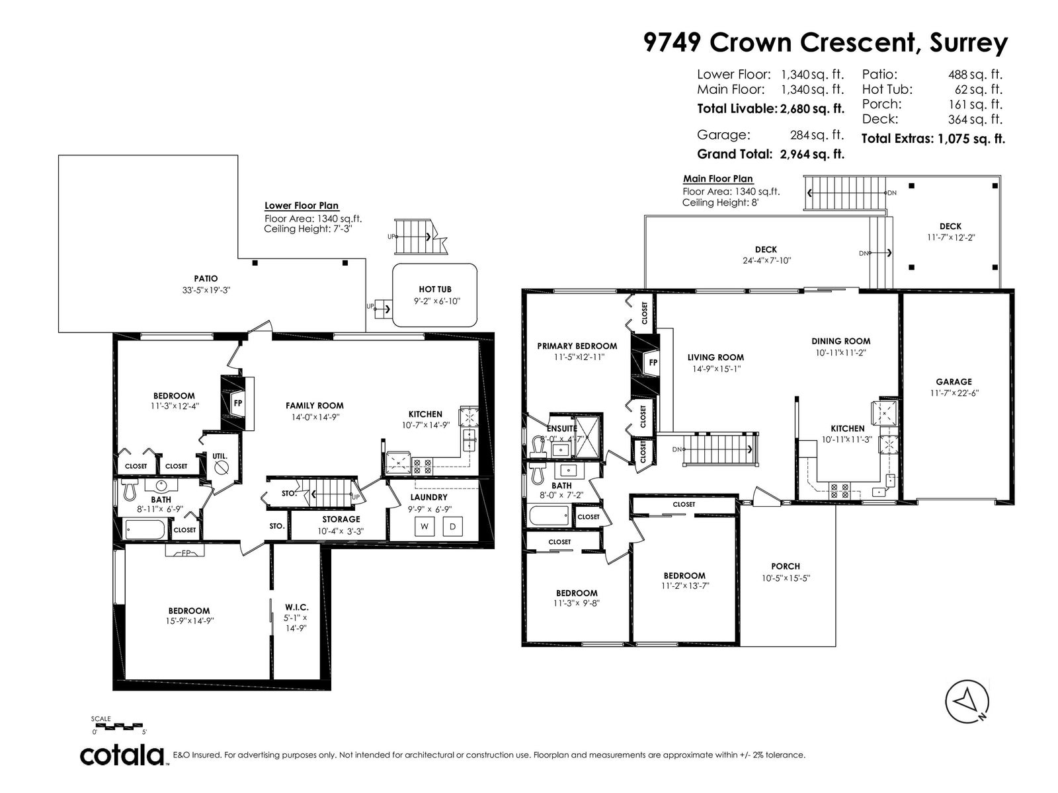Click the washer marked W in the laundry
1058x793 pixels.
tap(424, 527)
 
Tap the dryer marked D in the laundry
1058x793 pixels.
tap(452, 527)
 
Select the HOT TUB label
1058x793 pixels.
tap(434, 289)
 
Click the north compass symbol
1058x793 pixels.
tap(967, 702)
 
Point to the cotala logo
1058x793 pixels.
tap(122, 756)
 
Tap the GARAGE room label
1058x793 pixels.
tap(954, 382)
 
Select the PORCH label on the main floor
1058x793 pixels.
tap(785, 567)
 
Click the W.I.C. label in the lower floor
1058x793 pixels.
tap(296, 607)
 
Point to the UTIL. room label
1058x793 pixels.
tap(220, 456)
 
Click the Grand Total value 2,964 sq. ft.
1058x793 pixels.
tap(812, 154)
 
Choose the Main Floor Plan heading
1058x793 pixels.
tap(717, 178)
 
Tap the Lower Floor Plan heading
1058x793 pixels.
tap(302, 206)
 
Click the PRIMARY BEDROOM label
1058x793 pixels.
tap(577, 346)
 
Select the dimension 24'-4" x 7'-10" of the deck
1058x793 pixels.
tap(767, 260)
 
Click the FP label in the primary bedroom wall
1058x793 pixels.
tap(653, 363)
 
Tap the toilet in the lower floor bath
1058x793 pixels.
tap(129, 489)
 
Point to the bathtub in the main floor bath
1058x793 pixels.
tap(549, 515)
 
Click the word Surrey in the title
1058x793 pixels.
tap(968, 44)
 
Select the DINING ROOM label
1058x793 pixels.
tap(840, 342)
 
